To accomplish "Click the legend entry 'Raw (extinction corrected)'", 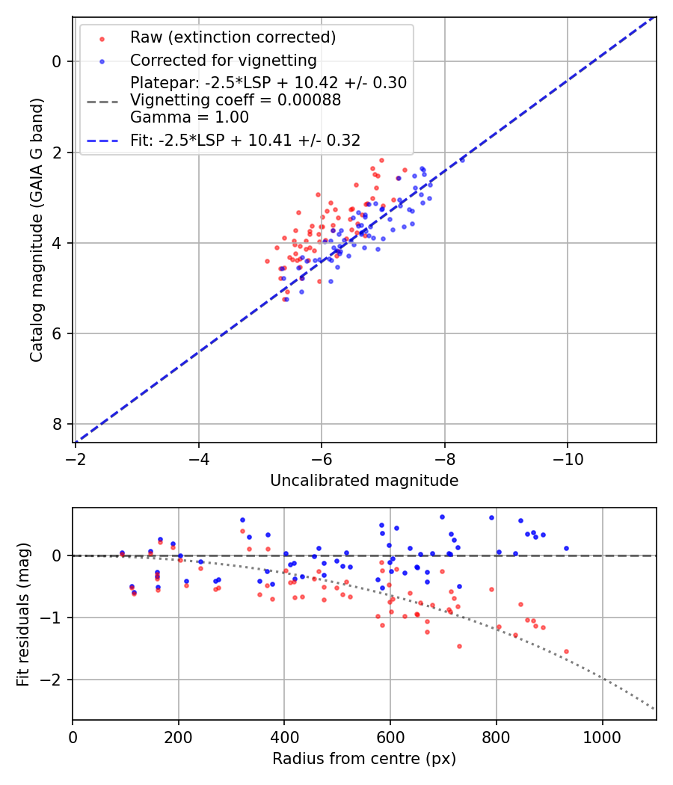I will click(x=233, y=37).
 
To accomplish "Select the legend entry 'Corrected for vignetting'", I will click(x=224, y=60).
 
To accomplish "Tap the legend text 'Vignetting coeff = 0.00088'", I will click(x=236, y=100).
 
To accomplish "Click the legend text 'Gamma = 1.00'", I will click(x=189, y=117).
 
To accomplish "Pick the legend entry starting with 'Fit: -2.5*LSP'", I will click(x=245, y=141).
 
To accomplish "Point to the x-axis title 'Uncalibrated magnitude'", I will click(x=364, y=481).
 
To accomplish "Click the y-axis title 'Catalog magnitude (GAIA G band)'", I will click(x=37, y=230).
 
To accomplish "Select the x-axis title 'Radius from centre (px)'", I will click(x=364, y=759).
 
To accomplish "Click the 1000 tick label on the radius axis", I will click(x=603, y=736).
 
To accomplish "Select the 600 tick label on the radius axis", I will click(x=390, y=736).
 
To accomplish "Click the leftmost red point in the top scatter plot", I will click(x=267, y=261).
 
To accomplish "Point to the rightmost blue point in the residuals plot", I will click(x=566, y=548).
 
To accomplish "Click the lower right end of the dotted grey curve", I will click(x=655, y=709).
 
